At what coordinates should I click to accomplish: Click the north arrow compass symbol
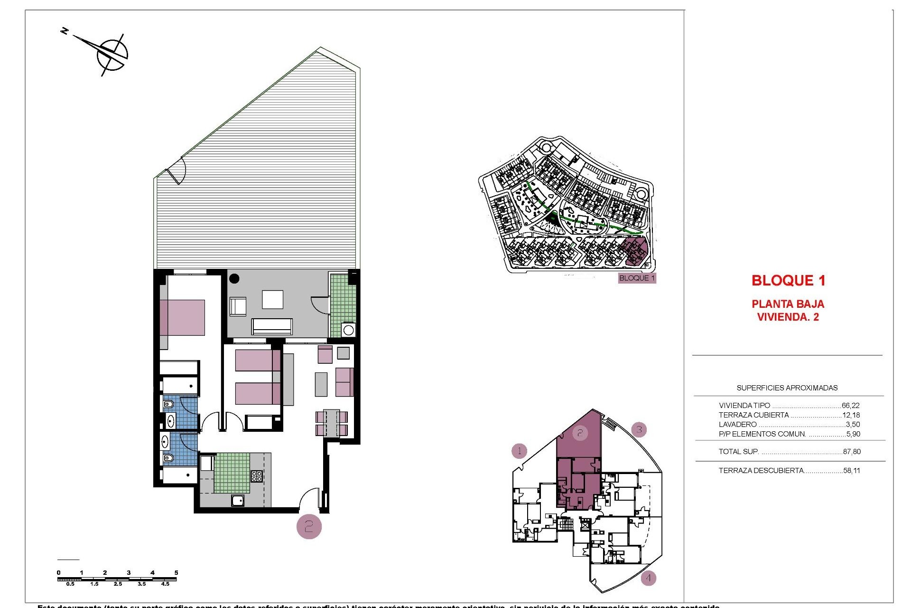pos(112,54)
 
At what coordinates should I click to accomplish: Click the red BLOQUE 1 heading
pos(788,281)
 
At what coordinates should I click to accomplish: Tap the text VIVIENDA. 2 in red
pos(788,317)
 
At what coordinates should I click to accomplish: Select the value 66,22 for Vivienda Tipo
pos(850,406)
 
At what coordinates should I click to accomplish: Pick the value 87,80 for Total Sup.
pos(852,452)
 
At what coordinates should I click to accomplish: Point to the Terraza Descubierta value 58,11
pos(852,471)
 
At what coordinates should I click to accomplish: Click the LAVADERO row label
pos(737,425)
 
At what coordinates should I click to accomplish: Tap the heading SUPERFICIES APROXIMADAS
pos(787,388)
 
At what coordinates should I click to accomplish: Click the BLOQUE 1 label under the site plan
pos(637,278)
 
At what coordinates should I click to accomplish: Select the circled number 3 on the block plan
pos(639,430)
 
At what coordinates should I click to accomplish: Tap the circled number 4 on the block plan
pos(648,579)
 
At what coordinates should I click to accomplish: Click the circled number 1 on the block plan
pos(520,450)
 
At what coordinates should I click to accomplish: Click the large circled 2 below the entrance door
pos(309,526)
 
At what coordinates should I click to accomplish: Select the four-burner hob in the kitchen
pos(257,476)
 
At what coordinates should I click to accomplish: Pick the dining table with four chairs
pos(331,423)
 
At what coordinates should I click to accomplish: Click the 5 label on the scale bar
pos(176,573)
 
